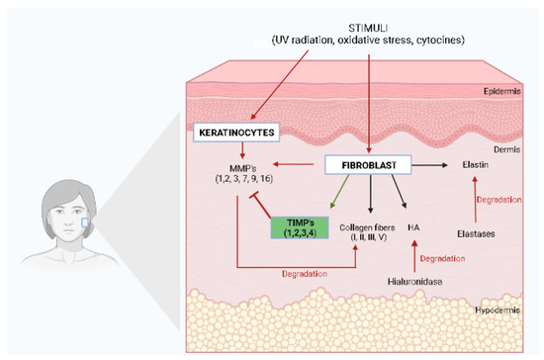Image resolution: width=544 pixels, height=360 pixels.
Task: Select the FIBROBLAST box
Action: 367,167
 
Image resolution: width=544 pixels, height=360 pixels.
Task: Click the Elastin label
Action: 475,167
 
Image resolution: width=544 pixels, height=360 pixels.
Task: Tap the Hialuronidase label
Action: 415,282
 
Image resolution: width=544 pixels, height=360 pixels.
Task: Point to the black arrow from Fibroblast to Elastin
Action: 430,166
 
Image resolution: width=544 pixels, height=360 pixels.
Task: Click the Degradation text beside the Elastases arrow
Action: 499,200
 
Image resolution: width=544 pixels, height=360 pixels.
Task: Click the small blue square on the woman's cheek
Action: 85,224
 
